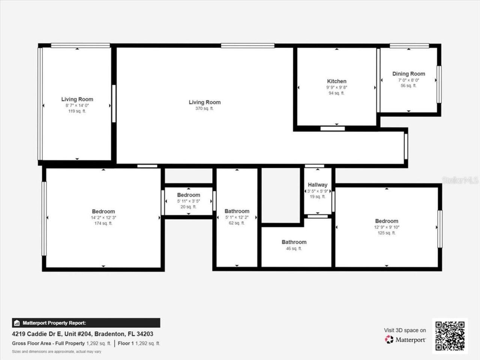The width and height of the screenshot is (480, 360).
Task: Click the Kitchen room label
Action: click(337, 81)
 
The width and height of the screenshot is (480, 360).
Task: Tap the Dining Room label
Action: click(409, 74)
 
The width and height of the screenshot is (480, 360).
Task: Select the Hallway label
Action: click(318, 185)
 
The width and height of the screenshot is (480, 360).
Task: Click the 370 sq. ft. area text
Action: click(205, 109)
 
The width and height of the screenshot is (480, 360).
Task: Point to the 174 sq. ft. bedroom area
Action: click(103, 223)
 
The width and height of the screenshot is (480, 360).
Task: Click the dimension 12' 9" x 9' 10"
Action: click(387, 227)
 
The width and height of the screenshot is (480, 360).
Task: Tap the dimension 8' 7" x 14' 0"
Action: click(77, 106)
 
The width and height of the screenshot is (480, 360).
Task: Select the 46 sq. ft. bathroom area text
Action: click(294, 249)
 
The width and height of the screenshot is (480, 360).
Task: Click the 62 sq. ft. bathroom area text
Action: click(237, 223)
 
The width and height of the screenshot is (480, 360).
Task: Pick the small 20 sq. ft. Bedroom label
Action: click(189, 195)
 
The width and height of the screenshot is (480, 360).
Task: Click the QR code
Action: click(450, 336)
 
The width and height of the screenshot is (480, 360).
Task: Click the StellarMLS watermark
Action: click(460, 180)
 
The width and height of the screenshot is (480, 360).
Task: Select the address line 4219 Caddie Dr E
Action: click(82, 334)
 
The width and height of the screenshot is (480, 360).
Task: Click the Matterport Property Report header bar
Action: click(86, 323)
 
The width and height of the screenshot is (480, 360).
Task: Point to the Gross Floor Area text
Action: click(48, 343)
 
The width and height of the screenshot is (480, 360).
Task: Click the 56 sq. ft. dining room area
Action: click(409, 86)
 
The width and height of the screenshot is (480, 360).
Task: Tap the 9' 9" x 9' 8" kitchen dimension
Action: click(337, 87)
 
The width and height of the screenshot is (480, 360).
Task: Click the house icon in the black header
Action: click(16, 323)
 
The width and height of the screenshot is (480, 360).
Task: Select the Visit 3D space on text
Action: click(405, 330)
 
